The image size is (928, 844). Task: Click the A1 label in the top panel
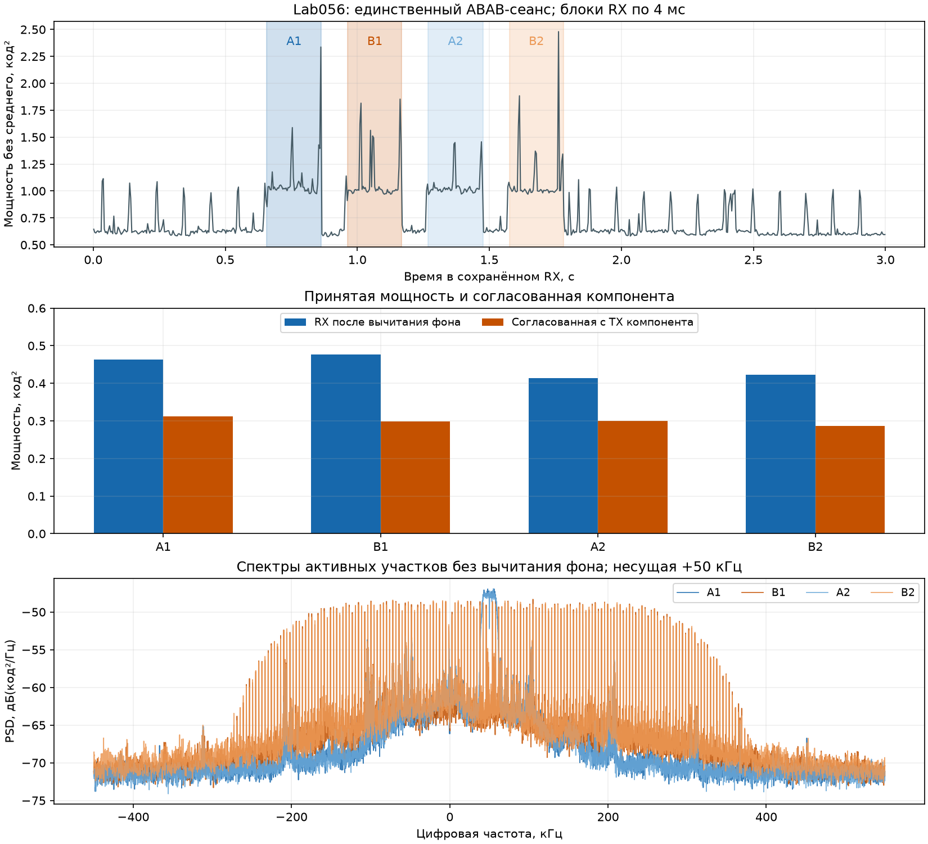294,41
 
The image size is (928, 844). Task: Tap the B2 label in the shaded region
537,41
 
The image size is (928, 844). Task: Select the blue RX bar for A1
129,447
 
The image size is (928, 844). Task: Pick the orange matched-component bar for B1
415,478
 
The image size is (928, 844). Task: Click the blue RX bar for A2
563,456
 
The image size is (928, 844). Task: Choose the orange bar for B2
850,480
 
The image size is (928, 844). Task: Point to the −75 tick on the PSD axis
37,801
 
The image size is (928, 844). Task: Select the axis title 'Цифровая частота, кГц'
489,834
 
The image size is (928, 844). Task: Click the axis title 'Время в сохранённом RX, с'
489,277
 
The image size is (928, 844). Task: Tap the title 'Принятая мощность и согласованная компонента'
489,297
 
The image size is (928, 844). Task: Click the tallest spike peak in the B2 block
558,32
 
